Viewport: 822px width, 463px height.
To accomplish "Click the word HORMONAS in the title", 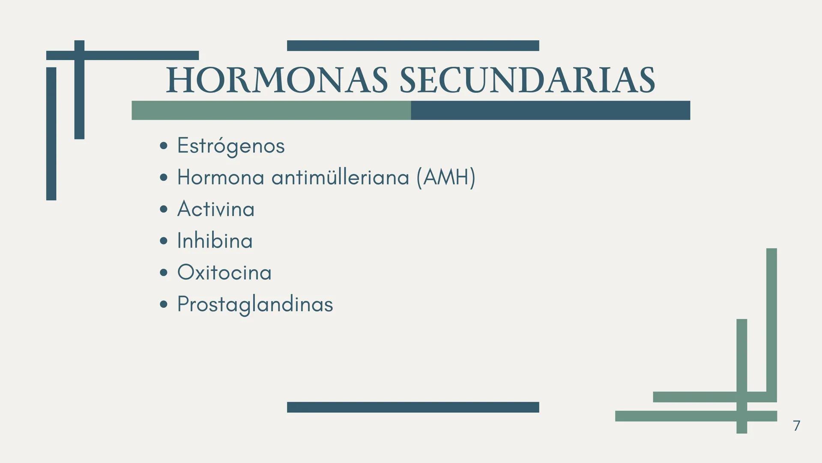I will (277, 81).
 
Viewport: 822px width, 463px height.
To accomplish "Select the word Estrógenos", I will (231, 146).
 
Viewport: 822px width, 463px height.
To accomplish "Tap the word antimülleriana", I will (340, 177).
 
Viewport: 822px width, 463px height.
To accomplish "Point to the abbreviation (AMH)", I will (445, 177).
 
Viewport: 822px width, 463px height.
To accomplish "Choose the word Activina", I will (216, 209).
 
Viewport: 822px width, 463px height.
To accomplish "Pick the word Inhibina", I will (215, 241).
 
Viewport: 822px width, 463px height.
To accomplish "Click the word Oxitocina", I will (224, 273).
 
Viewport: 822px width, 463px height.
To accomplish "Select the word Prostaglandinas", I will (255, 304).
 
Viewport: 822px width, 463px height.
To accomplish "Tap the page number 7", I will (796, 426).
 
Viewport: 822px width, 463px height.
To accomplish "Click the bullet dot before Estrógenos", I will (163, 146).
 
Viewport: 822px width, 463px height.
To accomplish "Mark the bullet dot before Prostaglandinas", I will (163, 304).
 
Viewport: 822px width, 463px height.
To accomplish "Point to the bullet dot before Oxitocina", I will (163, 273).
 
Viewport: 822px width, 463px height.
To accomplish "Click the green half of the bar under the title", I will (271, 110).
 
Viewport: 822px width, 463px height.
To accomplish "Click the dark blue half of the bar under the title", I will (550, 110).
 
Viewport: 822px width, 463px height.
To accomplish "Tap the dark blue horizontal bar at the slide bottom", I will (413, 407).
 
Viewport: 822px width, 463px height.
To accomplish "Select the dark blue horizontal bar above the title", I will (413, 45).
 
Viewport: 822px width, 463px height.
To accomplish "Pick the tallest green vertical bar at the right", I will (771, 322).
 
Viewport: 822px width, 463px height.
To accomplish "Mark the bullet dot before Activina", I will (163, 209).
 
